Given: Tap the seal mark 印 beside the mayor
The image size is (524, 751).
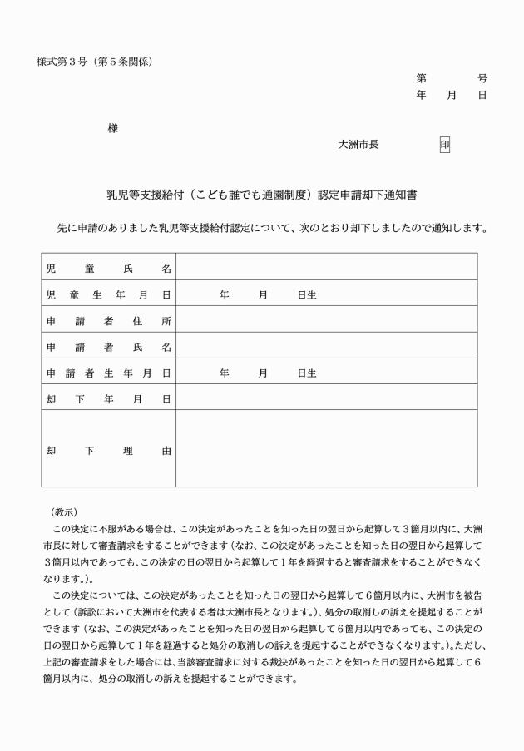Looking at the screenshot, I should (444, 145).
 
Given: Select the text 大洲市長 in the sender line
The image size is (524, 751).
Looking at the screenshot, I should (358, 145).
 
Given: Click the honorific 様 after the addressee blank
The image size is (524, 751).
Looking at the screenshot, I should (112, 128).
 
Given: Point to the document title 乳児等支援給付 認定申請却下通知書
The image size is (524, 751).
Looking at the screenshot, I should (261, 195).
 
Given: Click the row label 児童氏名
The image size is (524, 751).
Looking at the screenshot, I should (109, 268).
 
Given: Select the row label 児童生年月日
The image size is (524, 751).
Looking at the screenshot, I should (109, 294).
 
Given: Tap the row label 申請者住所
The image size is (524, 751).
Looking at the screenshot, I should (109, 321).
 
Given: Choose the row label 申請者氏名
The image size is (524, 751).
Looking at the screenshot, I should (109, 347).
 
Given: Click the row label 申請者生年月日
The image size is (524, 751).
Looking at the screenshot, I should (109, 373).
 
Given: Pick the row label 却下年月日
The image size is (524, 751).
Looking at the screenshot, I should (109, 399).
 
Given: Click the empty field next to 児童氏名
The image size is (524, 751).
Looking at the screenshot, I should (326, 268).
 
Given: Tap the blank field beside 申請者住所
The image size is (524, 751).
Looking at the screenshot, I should (326, 321).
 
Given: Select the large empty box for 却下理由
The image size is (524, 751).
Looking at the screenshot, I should (326, 449).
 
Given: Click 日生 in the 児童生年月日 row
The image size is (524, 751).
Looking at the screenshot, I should (307, 294).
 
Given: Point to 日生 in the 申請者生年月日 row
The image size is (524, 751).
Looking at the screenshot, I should (307, 373).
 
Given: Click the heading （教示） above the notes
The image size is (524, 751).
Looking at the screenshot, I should (64, 511).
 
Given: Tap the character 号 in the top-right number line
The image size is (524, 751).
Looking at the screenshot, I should (482, 78).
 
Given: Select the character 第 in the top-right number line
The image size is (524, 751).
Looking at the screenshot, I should (422, 78).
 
